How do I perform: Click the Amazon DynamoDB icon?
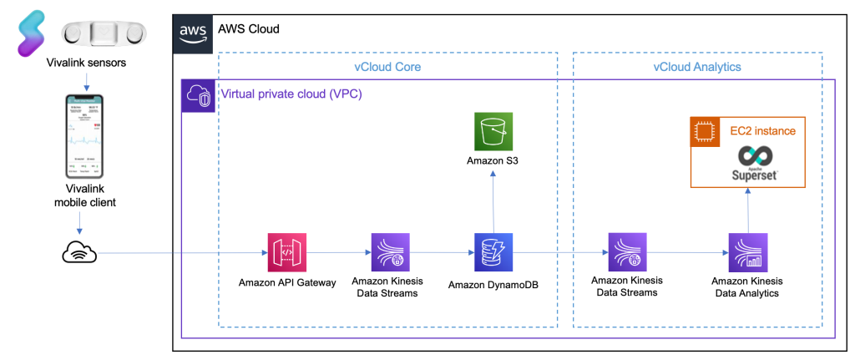tap(492, 251)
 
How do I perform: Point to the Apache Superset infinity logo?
tap(746, 157)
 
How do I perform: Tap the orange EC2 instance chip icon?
tap(706, 131)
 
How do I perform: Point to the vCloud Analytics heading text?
tap(696, 67)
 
